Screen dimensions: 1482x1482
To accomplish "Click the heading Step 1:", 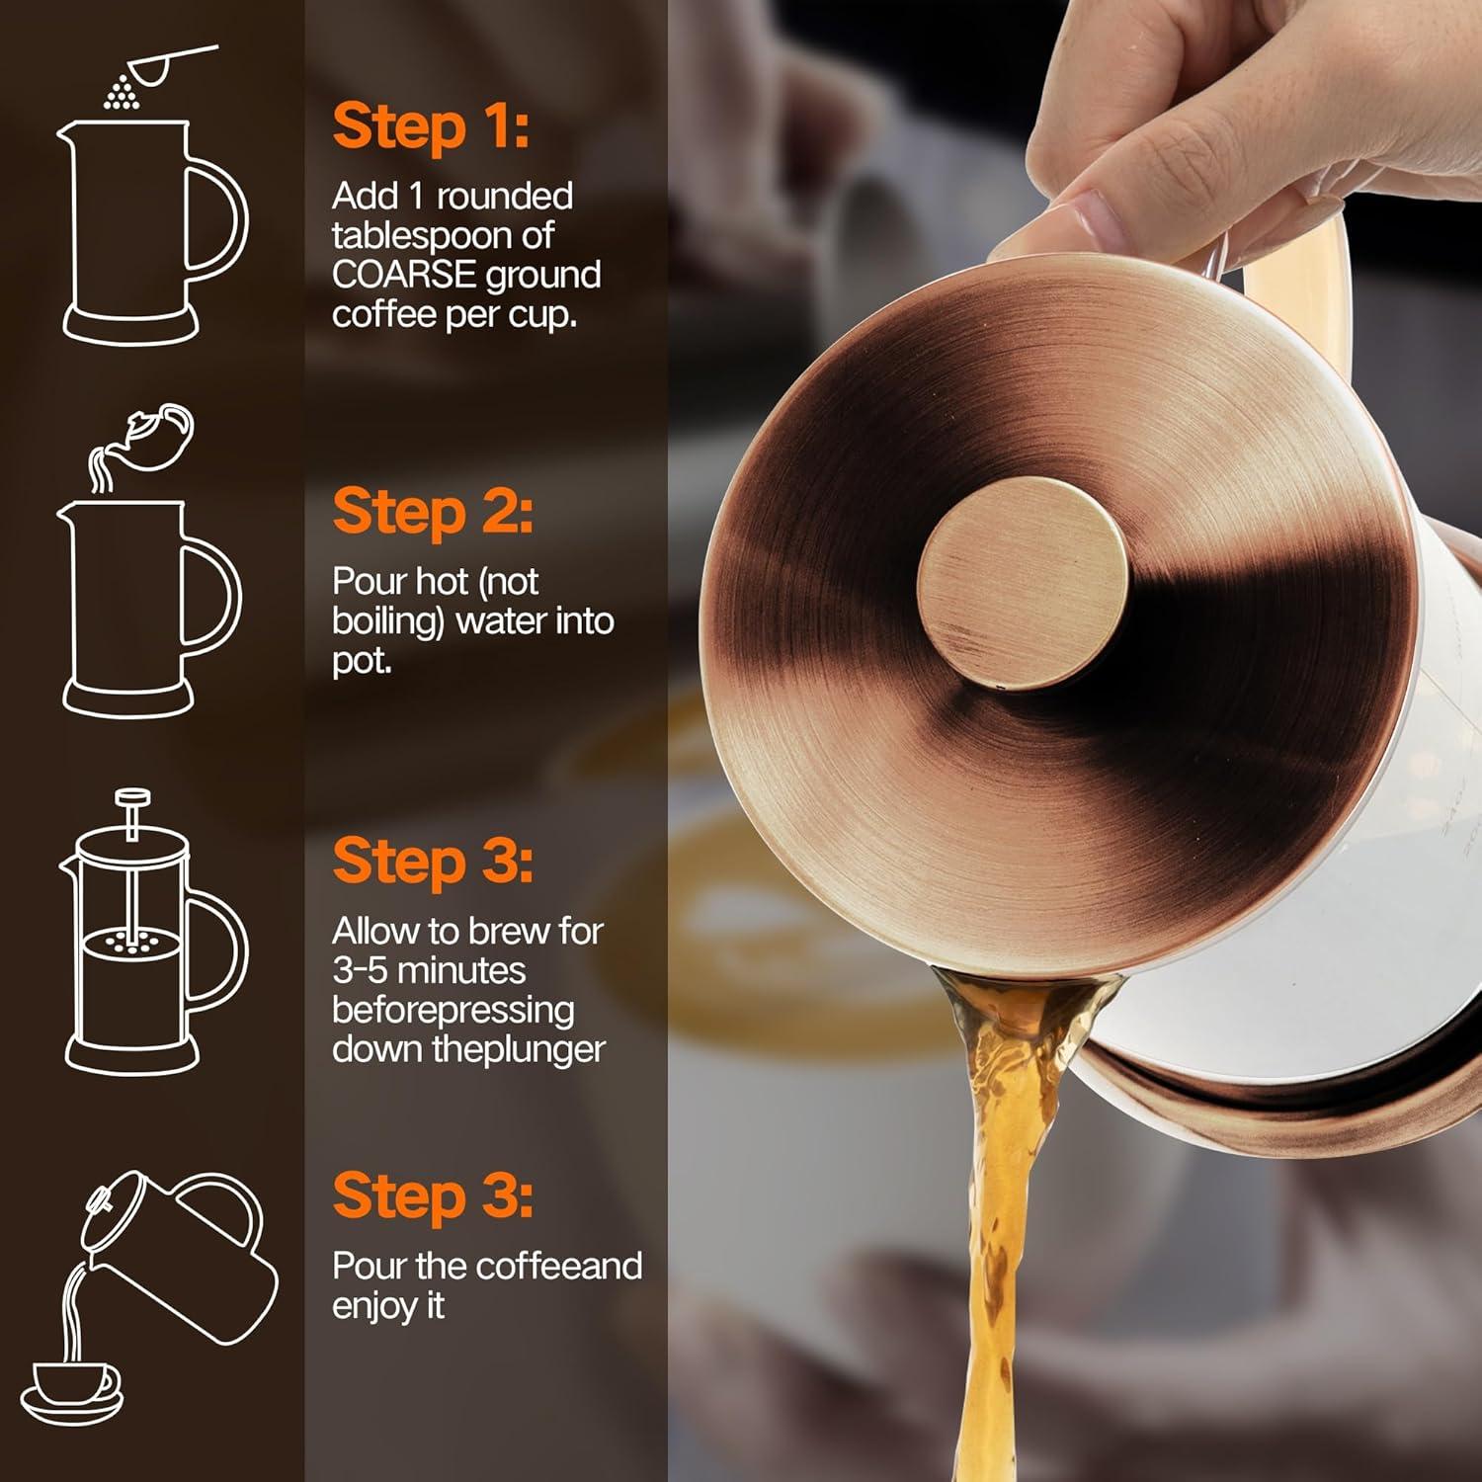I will (x=430, y=127).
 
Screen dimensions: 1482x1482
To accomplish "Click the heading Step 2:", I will (x=432, y=513).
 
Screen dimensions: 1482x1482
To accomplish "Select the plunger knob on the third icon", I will (x=131, y=796).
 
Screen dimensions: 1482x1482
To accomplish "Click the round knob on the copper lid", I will (x=1022, y=583).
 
